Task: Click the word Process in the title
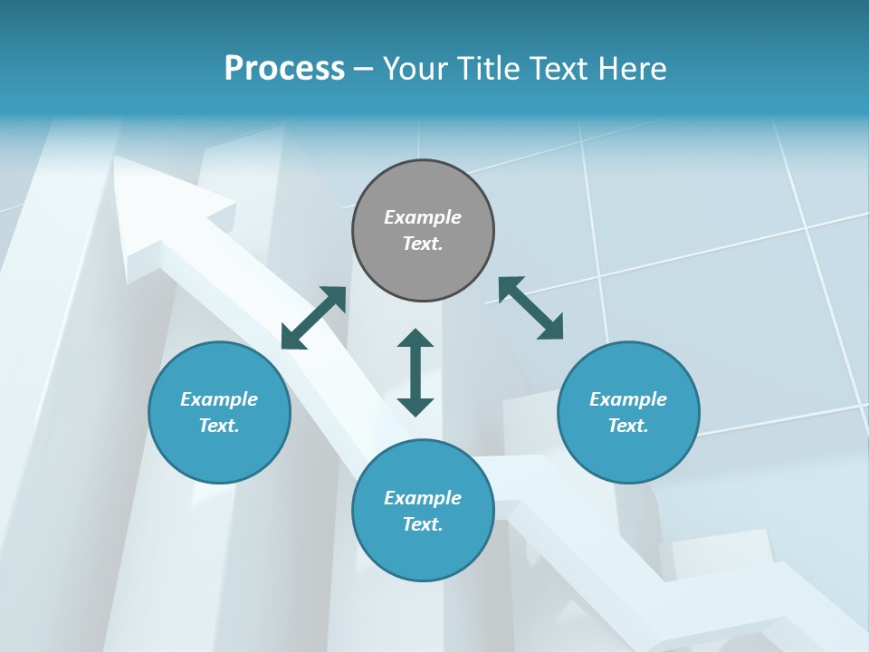pyautogui.click(x=284, y=69)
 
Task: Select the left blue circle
pyautogui.click(x=219, y=453)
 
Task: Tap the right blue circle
pyautogui.click(x=628, y=453)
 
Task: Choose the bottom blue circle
pyautogui.click(x=423, y=552)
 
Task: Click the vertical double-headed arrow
pyautogui.click(x=415, y=372)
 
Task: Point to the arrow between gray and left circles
pyautogui.click(x=313, y=318)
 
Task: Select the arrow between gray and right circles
pyautogui.click(x=530, y=308)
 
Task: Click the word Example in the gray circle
pyautogui.click(x=423, y=217)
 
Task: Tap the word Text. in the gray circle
pyautogui.click(x=423, y=244)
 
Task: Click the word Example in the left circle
pyautogui.click(x=219, y=399)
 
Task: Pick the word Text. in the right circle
pyautogui.click(x=628, y=426)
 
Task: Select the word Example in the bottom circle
pyautogui.click(x=423, y=498)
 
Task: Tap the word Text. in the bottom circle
pyautogui.click(x=423, y=524)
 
